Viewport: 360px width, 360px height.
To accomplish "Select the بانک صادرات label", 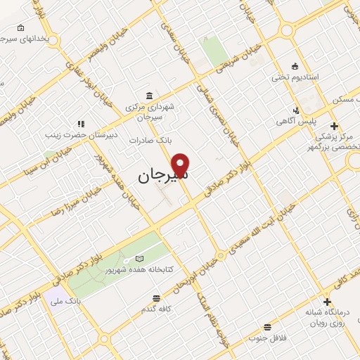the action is [150, 141].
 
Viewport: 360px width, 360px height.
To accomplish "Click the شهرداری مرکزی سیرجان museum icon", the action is [148, 96].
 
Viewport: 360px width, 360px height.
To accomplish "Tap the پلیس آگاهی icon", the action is [297, 110].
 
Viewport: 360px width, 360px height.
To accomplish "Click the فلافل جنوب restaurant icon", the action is [267, 327].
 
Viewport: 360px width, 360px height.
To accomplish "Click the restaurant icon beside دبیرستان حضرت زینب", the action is [81, 124].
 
